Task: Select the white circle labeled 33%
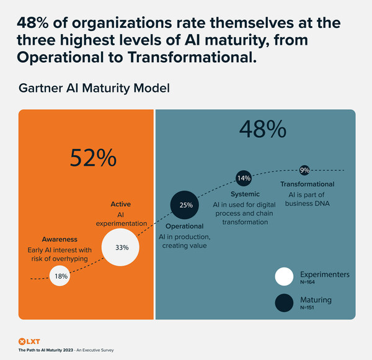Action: [x=122, y=247]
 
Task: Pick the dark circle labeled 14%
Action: [x=244, y=178]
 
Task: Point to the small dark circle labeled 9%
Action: [x=304, y=170]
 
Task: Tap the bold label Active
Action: [x=120, y=204]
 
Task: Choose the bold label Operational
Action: [x=185, y=227]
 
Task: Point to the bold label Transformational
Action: [x=307, y=184]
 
